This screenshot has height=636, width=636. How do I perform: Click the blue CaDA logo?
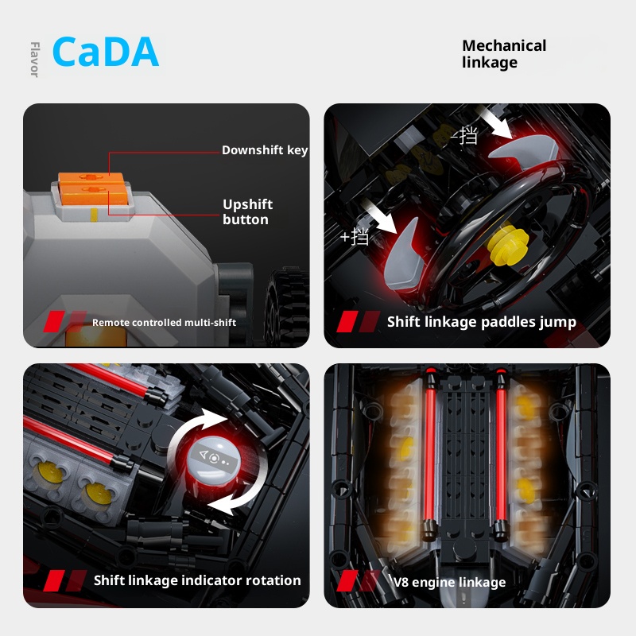[106, 52]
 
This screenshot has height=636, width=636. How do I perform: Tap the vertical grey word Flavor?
[35, 59]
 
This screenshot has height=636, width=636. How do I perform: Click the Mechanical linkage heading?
[504, 54]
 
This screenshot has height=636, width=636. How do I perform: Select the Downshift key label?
[265, 150]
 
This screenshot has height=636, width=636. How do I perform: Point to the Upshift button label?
[247, 211]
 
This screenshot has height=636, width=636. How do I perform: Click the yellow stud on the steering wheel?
[508, 242]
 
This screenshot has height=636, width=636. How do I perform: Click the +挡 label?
[355, 236]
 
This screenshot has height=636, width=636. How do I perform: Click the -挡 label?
[464, 135]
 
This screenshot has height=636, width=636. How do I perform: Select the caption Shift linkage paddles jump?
[482, 322]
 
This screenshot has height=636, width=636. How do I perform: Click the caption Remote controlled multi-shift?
[164, 323]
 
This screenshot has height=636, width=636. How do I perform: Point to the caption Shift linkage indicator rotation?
[197, 580]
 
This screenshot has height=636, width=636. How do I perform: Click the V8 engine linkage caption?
[449, 582]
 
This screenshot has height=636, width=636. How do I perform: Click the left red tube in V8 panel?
[429, 454]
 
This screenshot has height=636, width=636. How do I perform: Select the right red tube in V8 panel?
[501, 454]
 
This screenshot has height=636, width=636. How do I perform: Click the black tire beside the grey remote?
[286, 306]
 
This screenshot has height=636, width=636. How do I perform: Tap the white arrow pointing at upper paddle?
[494, 122]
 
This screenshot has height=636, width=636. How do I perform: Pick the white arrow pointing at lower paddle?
[378, 215]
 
